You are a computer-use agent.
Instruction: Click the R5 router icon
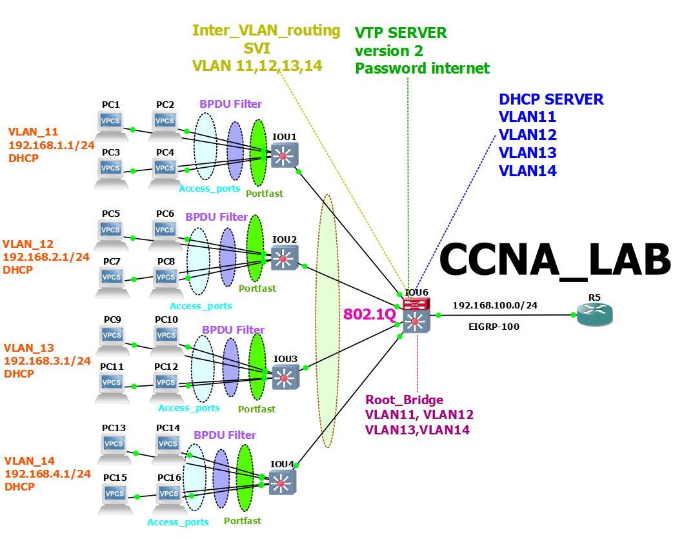point(594,314)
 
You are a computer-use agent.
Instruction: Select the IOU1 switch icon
point(284,155)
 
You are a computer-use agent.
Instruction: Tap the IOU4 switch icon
point(283,483)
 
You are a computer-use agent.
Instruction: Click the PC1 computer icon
point(111,125)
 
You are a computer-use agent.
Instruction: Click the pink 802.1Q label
point(370,314)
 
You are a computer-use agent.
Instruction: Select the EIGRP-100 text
point(494,327)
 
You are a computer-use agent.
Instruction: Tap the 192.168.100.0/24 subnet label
point(495,305)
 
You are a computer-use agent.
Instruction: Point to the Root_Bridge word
point(405,400)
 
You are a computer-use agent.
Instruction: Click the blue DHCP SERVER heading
point(551,99)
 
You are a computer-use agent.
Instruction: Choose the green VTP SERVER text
point(401,33)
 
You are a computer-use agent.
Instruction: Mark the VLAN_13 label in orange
point(29,348)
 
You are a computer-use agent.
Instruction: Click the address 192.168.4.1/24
point(48,474)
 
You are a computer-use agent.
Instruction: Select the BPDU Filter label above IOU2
point(216,217)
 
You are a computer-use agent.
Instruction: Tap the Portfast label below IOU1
point(265,194)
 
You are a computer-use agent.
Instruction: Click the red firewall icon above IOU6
point(416,304)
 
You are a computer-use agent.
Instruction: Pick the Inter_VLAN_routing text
point(266,30)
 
